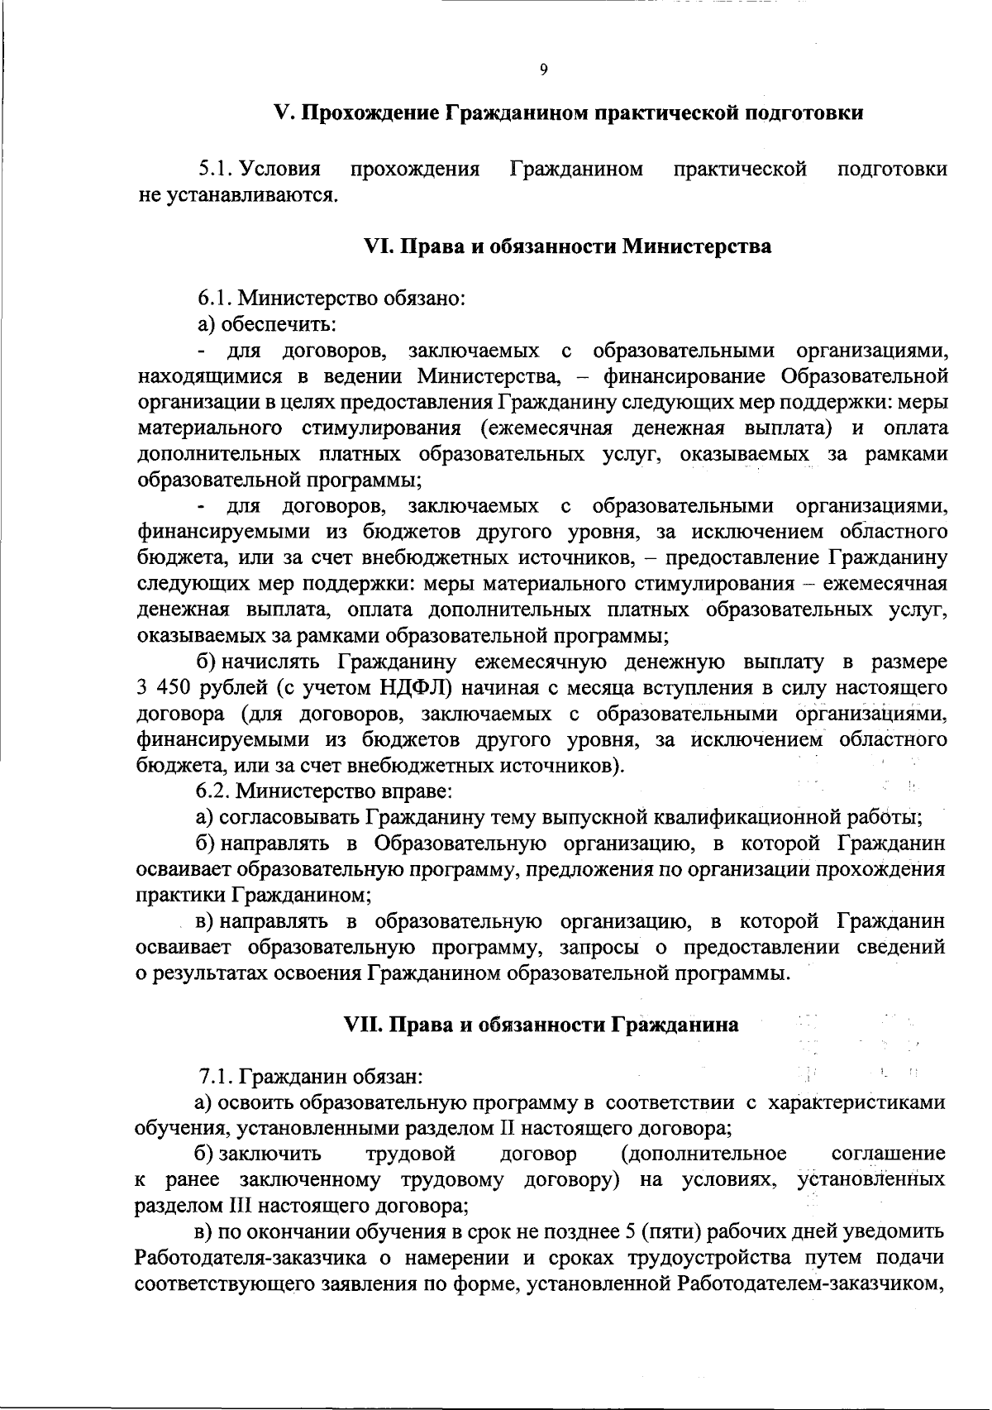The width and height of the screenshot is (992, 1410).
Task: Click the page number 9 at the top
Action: (x=543, y=70)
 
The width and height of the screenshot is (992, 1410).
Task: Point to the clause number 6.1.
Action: (x=214, y=298)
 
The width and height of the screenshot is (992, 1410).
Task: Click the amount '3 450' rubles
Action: (x=164, y=688)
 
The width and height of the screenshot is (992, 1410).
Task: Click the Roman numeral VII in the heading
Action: (x=362, y=1025)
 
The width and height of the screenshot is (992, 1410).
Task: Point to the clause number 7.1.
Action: (x=216, y=1078)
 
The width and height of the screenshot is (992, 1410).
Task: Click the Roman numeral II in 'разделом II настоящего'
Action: (x=509, y=1127)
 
